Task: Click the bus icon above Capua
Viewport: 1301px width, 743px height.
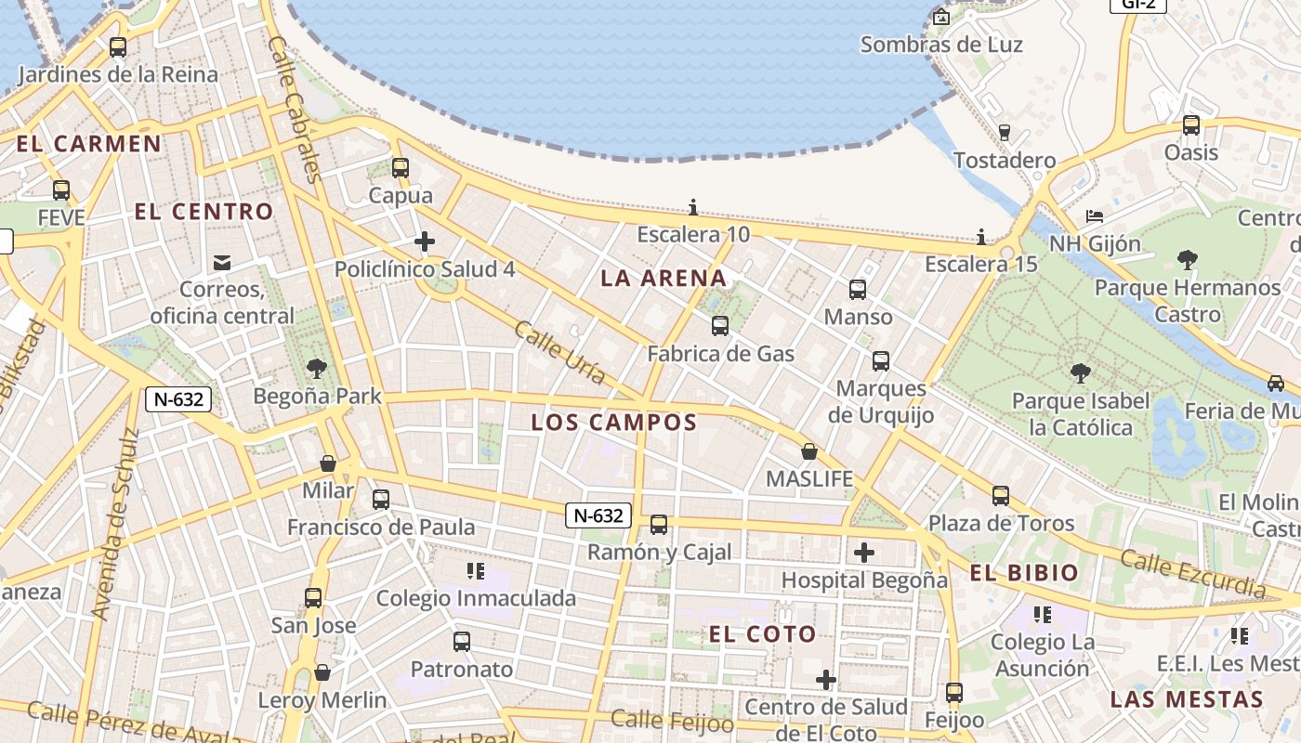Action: [401, 168]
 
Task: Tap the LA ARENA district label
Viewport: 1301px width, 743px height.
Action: [664, 278]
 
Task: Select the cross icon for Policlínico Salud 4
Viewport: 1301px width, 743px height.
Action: [425, 242]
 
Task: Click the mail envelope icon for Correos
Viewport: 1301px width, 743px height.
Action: [222, 263]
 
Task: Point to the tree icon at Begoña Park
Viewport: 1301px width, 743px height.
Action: [317, 368]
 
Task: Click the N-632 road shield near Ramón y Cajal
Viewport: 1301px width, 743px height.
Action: [598, 515]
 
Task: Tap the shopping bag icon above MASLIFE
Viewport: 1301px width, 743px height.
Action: [809, 451]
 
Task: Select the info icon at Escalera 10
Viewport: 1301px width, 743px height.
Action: [693, 207]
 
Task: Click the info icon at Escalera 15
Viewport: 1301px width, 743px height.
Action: [981, 237]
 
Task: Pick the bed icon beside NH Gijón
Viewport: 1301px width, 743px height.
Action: [1095, 216]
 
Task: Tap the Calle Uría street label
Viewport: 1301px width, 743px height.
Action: [559, 353]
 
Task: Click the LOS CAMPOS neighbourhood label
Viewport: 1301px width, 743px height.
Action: [613, 423]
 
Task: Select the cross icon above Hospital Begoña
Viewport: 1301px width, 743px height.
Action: [864, 554]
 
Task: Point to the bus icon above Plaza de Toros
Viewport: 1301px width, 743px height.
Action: [1001, 496]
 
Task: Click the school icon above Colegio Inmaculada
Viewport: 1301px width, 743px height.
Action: [476, 570]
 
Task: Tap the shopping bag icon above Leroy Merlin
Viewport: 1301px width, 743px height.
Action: [322, 671]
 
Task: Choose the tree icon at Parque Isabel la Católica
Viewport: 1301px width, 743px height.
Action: [1080, 373]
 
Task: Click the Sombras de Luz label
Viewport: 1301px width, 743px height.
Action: [941, 45]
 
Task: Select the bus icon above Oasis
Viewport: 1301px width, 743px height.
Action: [1191, 125]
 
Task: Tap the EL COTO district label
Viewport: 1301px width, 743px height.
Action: [762, 634]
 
